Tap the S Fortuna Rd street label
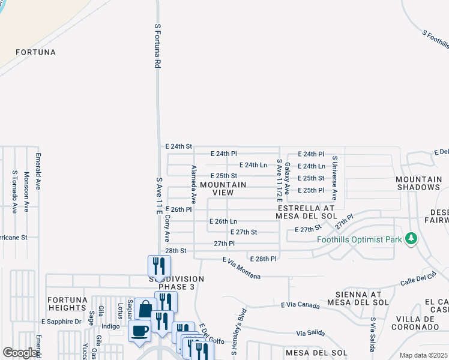pyautogui.click(x=158, y=45)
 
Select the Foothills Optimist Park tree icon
pyautogui.click(x=411, y=239)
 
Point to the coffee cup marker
pyautogui.click(x=140, y=331)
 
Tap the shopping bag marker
pyautogui.click(x=145, y=310)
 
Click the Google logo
pyautogui.click(x=20, y=353)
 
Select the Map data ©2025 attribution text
pyautogui.click(x=423, y=355)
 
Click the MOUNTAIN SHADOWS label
pyautogui.click(x=418, y=183)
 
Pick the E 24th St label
pyautogui.click(x=178, y=146)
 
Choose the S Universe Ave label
pyautogui.click(x=335, y=178)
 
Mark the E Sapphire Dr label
pyautogui.click(x=61, y=322)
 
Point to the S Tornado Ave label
pyautogui.click(x=14, y=191)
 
